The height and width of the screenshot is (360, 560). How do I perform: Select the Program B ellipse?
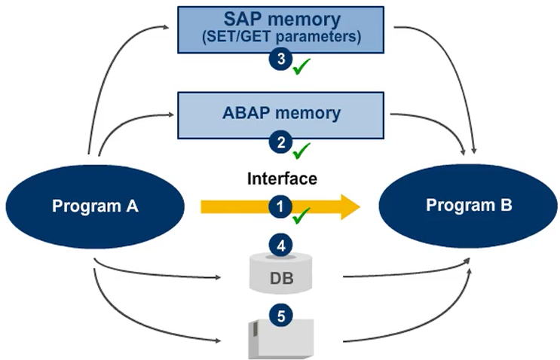[464, 205]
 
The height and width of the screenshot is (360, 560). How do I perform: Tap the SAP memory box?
[280, 29]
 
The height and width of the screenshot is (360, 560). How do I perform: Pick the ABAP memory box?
[280, 114]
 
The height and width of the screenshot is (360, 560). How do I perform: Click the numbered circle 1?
[280, 205]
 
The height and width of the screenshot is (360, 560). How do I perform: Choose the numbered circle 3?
[280, 61]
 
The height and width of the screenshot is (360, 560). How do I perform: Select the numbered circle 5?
[280, 316]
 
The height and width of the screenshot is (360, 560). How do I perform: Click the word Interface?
[282, 178]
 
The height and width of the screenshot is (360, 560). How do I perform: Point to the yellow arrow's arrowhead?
[348, 206]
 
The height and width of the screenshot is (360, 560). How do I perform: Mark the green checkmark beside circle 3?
[302, 69]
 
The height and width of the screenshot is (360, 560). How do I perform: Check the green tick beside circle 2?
[301, 151]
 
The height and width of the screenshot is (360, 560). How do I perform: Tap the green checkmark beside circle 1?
[301, 217]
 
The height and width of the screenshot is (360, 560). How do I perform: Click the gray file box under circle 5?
[280, 339]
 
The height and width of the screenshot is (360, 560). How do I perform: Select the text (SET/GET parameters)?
[280, 36]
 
